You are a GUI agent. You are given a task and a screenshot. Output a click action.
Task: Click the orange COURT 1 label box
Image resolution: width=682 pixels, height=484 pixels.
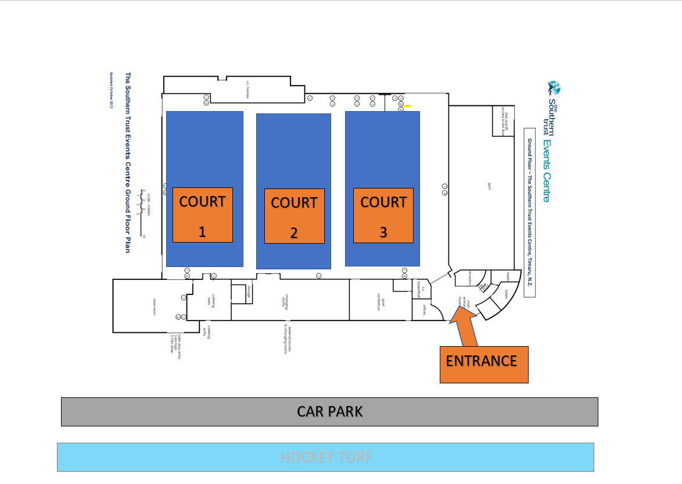tap(202, 215)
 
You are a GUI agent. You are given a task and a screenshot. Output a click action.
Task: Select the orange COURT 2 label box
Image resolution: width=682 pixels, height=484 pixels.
tap(294, 216)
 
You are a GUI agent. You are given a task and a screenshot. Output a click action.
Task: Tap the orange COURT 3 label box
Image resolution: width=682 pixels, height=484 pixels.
tap(383, 215)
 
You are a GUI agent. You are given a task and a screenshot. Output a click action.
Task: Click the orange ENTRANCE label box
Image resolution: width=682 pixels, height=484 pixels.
tap(484, 364)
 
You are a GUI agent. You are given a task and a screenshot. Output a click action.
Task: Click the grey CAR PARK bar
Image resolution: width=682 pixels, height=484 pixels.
tap(329, 412)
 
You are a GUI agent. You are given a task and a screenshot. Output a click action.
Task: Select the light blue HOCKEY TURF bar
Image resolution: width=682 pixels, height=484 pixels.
tap(325, 457)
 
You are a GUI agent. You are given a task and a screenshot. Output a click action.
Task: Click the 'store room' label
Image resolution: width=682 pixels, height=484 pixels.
tap(155, 305)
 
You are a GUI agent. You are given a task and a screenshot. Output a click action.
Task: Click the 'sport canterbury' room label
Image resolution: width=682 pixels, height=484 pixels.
tap(378, 301)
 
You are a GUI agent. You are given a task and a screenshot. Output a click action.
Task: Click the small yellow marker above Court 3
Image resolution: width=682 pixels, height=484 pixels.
tap(408, 106)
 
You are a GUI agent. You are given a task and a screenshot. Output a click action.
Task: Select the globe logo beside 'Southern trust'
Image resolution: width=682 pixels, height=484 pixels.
tap(554, 88)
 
